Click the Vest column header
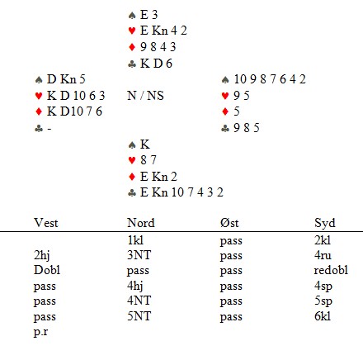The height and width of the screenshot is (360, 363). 46,223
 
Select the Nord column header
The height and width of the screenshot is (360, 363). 141,223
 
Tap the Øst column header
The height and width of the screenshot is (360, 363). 229,223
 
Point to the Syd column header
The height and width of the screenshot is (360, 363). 325,223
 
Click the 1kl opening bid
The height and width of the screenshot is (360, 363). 135,240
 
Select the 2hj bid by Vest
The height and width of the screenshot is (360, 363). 41,255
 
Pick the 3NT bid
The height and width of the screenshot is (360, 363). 139,255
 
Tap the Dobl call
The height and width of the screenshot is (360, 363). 47,270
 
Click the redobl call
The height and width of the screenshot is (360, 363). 331,270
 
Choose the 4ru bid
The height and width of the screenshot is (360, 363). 323,255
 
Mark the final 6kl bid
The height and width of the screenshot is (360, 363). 323,316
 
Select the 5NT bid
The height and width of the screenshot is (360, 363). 139,316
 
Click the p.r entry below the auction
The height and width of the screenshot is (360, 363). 40,332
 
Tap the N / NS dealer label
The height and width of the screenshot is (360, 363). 145,96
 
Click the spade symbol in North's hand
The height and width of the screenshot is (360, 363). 132,16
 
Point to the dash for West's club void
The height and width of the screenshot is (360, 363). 49,129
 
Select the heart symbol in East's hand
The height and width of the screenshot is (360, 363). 225,96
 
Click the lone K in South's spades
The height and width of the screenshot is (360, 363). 145,144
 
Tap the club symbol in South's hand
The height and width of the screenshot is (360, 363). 132,193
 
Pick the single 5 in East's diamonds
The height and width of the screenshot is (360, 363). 237,111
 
